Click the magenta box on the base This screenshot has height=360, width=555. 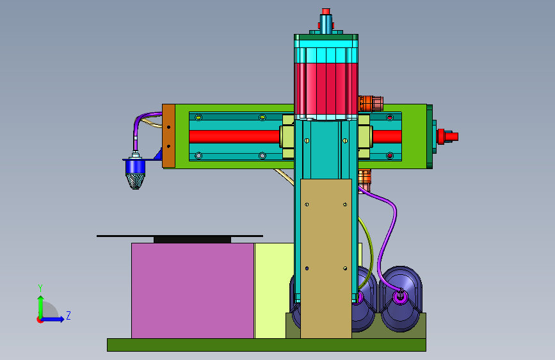(x=193, y=291)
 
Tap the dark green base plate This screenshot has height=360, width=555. (x=266, y=345)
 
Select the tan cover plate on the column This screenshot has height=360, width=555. (x=326, y=259)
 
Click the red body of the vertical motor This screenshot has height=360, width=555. (x=326, y=88)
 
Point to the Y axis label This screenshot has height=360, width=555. (x=40, y=288)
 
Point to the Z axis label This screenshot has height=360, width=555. (x=68, y=315)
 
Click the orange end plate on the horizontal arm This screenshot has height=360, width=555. (x=168, y=136)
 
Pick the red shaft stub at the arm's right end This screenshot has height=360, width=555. (x=447, y=136)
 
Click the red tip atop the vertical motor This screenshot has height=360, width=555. (x=326, y=12)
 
